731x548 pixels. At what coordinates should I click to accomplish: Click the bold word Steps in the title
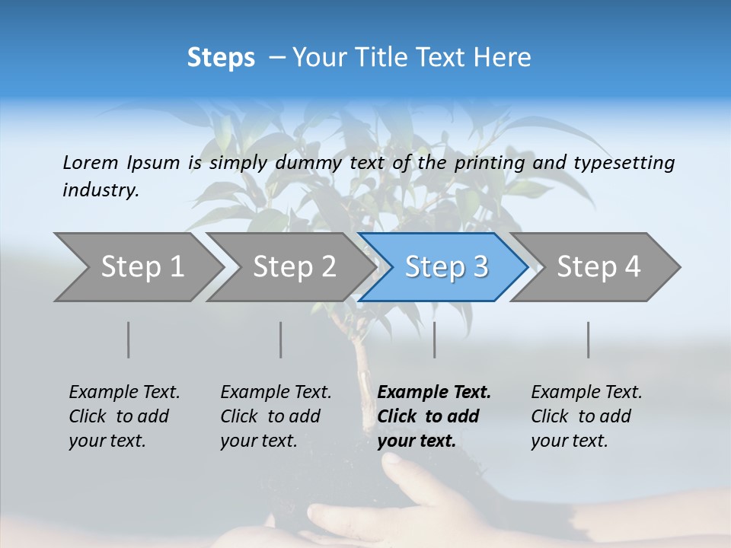(x=221, y=58)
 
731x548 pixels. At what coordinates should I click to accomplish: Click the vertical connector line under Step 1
(x=128, y=339)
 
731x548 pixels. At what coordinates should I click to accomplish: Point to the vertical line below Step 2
(x=281, y=339)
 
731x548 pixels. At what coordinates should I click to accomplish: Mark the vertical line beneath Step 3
(x=435, y=339)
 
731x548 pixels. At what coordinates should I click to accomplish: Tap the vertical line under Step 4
(x=589, y=339)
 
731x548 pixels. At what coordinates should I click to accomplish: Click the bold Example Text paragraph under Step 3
(x=434, y=416)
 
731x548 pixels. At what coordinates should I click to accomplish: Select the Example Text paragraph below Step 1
(x=124, y=416)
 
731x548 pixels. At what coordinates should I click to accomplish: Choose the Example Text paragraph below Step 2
(x=276, y=416)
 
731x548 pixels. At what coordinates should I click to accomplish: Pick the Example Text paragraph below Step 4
(x=586, y=416)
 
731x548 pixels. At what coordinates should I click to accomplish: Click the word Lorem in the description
(x=90, y=162)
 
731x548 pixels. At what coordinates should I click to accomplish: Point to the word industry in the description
(x=100, y=190)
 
